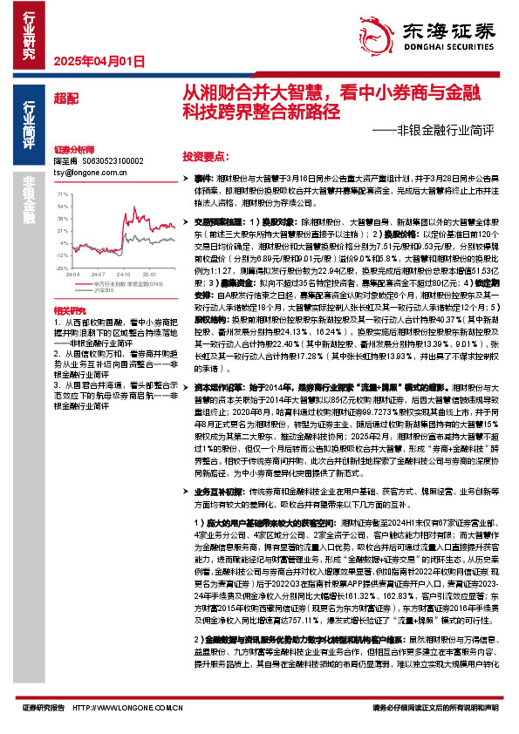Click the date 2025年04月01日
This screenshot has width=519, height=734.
pos(92,61)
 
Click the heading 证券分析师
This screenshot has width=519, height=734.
pos(72,150)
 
